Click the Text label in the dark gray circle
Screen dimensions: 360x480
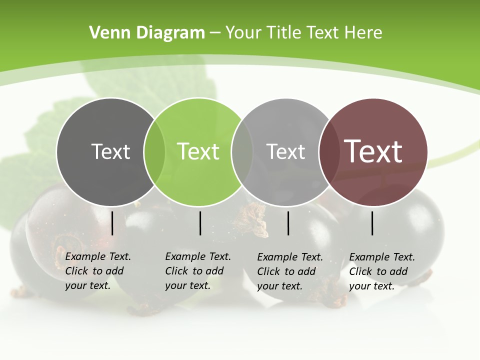110,151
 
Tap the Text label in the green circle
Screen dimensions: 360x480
198,151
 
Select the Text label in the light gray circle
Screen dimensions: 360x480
285,151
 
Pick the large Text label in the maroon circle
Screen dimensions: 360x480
373,151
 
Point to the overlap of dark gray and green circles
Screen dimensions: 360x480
154,152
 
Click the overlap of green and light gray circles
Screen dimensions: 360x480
242,152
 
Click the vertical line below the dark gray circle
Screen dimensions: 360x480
112,223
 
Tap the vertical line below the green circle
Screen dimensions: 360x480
200,223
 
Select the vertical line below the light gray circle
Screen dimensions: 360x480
288,223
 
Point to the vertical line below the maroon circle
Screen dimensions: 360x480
372,223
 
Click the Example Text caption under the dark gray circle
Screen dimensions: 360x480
97,271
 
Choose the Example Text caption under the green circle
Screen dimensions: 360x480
197,271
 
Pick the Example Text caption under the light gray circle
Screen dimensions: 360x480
289,271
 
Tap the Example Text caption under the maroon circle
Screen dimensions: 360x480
381,271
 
